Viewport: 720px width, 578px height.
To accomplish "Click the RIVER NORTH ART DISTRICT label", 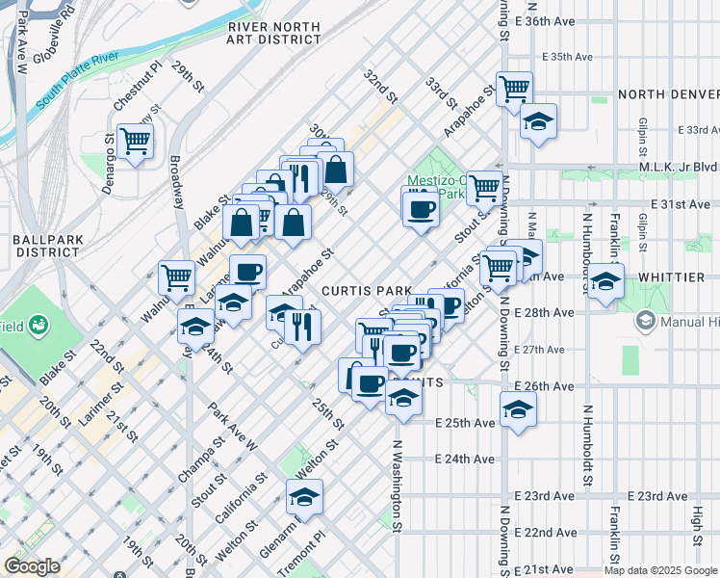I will [x=274, y=32].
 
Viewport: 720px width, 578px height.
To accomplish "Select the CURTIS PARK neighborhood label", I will [x=367, y=290].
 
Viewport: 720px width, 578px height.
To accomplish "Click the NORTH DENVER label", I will [x=668, y=94].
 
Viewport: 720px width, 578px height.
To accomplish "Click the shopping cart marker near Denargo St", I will [x=136, y=141].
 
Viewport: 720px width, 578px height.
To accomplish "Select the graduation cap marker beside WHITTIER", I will [x=605, y=281].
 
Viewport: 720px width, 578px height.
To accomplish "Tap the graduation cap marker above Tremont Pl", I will [x=304, y=496].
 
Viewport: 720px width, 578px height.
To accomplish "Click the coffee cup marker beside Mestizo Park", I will [x=420, y=208].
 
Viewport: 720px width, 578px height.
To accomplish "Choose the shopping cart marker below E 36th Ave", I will [x=515, y=89].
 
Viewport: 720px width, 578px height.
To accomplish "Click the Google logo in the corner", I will [x=32, y=567].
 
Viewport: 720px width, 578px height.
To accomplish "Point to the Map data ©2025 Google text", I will [x=659, y=570].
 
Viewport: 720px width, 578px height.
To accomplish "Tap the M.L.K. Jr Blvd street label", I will [x=681, y=166].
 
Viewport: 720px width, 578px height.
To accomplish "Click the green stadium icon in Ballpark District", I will [x=39, y=327].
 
